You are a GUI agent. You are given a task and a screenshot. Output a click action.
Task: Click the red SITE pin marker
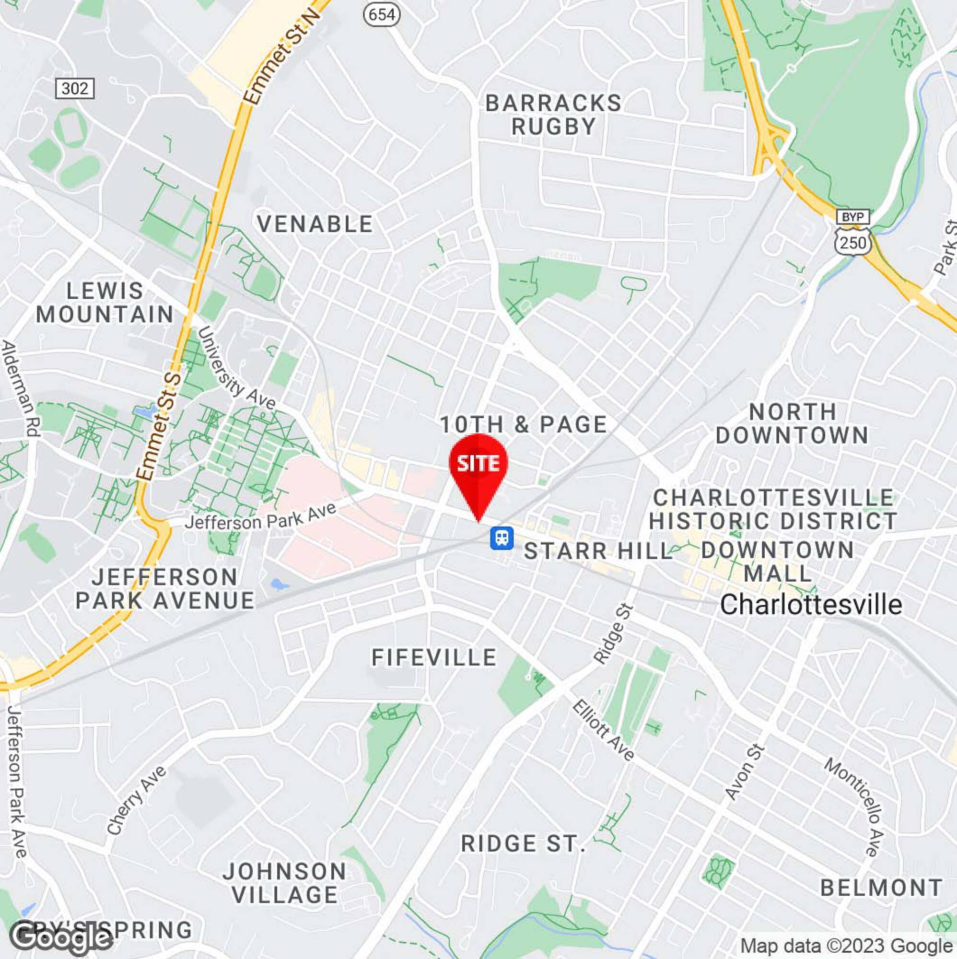478,465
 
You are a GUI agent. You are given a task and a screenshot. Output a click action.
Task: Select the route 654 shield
381,14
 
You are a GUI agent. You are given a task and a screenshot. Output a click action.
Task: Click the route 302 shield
74,88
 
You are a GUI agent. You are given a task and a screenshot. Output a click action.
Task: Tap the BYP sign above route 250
853,217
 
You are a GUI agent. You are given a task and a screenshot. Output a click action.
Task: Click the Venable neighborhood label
315,224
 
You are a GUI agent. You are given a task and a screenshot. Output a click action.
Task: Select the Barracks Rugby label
553,115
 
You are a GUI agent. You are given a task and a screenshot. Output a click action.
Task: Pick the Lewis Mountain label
105,303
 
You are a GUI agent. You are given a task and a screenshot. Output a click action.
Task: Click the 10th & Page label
524,424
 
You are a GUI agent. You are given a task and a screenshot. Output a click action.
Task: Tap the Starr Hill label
598,551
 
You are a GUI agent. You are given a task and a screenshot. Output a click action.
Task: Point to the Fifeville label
434,658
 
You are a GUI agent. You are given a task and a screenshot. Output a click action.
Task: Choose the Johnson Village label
284,883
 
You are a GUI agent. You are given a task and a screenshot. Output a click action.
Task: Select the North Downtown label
792,423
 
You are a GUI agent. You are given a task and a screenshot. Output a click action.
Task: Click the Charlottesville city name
811,605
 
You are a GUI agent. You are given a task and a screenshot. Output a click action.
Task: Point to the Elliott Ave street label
603,731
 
